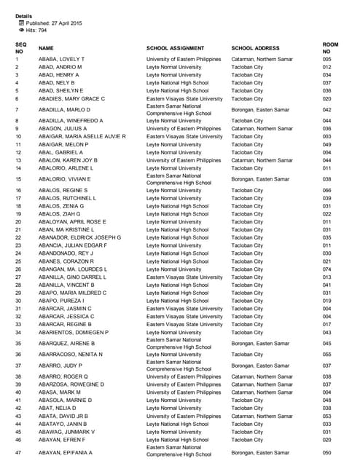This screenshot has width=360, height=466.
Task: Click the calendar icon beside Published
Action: click(x=21, y=23)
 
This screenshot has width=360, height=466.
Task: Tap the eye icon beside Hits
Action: click(x=21, y=31)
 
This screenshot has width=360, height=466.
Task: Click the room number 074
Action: click(x=326, y=269)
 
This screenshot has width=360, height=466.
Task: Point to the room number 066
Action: click(x=326, y=191)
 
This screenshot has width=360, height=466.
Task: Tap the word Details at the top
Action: click(x=23, y=15)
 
